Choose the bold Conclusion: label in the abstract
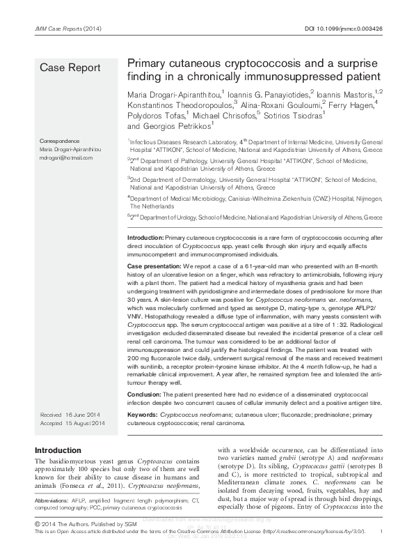(148, 394)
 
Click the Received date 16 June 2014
(72, 415)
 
